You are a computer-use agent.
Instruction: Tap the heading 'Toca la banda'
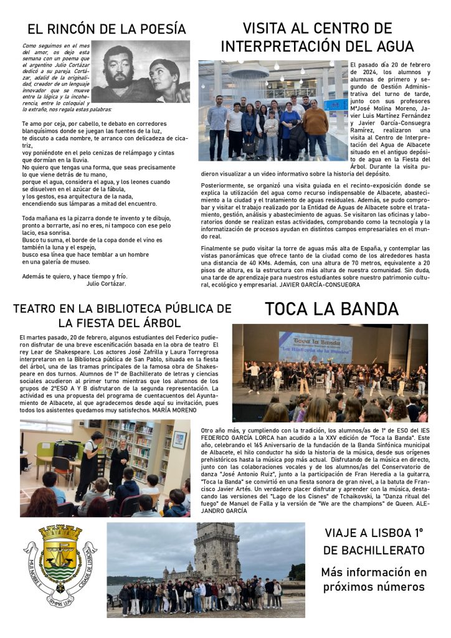coord(331,308)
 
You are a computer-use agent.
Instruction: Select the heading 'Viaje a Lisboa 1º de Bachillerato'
coord(374,541)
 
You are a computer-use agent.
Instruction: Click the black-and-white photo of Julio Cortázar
coord(141,72)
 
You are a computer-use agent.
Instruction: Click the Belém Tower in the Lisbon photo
coord(216,551)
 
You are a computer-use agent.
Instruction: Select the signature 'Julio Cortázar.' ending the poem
coord(107,283)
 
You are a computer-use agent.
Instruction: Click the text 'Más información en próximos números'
coord(374,579)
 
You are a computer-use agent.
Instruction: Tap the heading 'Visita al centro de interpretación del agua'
coord(317,37)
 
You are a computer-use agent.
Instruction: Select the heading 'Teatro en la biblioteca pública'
coord(122,315)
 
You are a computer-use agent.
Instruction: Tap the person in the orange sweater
coord(316,128)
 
